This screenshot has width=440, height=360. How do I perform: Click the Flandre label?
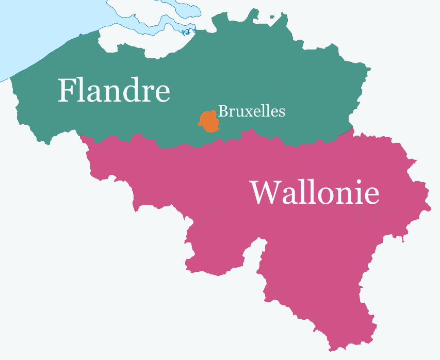113,91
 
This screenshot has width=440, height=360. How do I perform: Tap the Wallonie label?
315,193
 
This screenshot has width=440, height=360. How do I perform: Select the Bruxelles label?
251,111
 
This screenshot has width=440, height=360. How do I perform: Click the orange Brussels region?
208,121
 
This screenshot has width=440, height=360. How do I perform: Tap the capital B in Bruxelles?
223,111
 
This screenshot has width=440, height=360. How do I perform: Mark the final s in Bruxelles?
282,112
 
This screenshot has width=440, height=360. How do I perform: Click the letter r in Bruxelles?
230,112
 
